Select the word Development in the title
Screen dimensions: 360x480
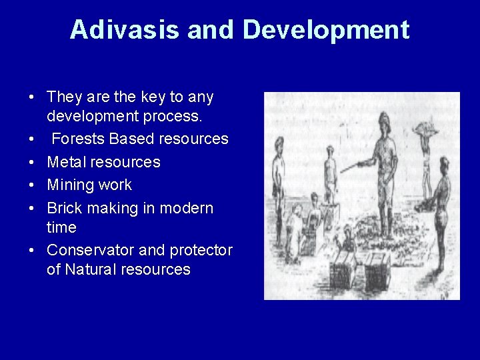326,30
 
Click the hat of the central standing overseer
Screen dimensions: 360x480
385,121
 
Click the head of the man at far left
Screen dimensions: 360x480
279,142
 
